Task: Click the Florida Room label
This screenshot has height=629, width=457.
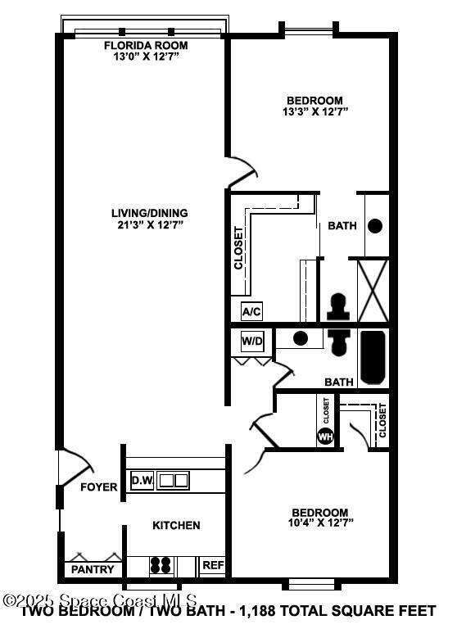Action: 147,45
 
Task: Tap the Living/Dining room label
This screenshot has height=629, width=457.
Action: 150,213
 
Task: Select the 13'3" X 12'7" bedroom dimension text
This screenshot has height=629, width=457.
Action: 314,111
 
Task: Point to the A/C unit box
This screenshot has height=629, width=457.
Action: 251,311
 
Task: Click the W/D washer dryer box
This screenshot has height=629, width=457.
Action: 252,340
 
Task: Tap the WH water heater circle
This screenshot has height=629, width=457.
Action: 325,436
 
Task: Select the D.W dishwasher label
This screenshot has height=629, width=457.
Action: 142,480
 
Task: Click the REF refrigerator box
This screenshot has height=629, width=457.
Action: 213,565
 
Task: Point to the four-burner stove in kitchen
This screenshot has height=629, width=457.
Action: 161,565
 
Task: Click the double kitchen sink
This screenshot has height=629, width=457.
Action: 173,480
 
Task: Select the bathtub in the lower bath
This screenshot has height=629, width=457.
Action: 371,356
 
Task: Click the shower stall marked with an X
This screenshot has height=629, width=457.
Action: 373,291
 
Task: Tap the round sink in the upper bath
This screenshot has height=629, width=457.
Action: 375,226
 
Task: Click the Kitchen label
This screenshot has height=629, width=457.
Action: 176,525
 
